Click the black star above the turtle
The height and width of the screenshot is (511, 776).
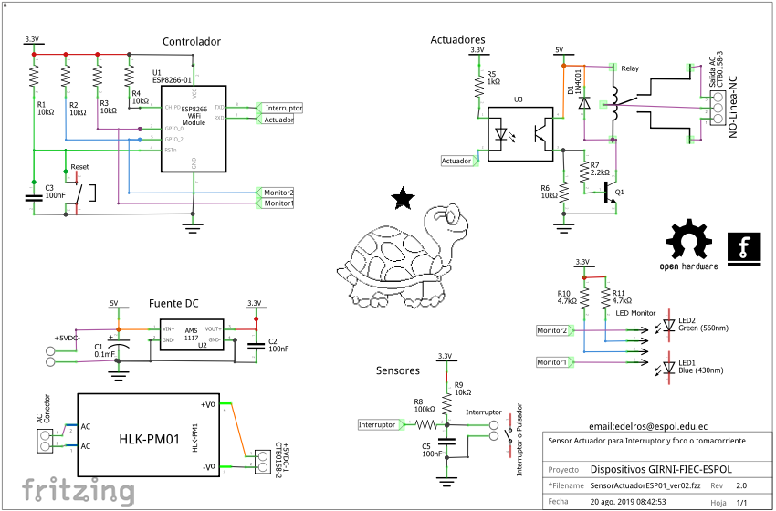(400, 200)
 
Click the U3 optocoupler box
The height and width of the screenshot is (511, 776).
(519, 135)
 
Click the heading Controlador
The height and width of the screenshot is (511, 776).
(191, 42)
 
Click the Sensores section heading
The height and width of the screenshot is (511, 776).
(398, 371)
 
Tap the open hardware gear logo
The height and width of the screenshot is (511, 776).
(688, 243)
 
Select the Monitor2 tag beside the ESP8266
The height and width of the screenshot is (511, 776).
(278, 193)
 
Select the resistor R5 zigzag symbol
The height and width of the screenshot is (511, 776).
(478, 86)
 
